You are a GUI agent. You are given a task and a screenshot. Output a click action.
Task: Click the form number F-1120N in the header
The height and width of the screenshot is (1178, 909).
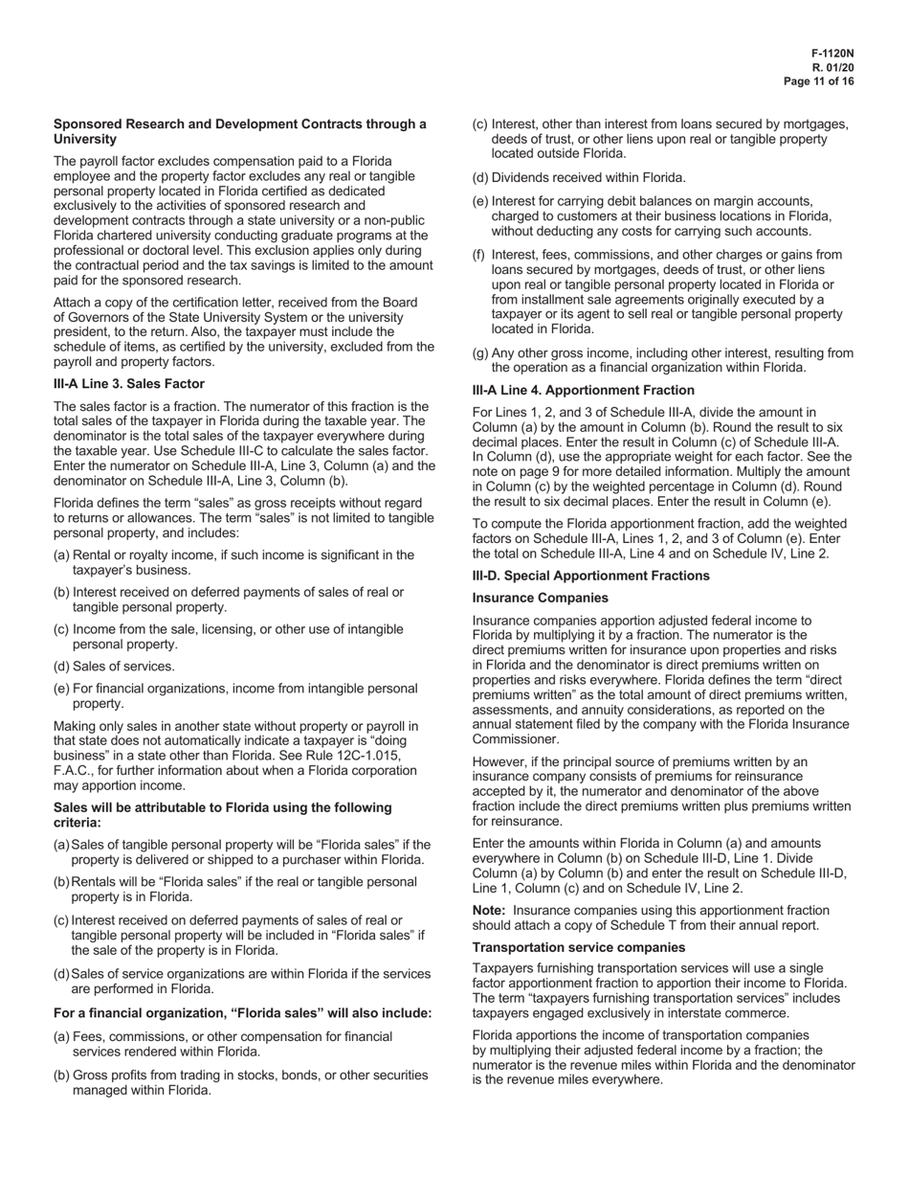pos(832,55)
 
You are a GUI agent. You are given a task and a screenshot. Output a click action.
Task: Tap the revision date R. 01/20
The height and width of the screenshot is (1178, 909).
pos(833,68)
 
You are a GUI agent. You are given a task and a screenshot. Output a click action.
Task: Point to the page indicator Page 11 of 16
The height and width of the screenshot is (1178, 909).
pos(819,81)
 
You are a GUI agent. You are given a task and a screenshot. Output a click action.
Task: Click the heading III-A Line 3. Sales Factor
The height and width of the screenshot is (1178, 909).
pos(129,383)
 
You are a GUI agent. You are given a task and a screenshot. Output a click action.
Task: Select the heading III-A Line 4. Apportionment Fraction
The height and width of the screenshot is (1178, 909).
pos(584,390)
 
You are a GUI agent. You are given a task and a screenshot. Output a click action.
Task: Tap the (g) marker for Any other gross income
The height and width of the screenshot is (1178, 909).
pos(480,352)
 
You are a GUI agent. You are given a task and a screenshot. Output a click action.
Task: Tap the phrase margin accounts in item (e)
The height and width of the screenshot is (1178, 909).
pos(765,201)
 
